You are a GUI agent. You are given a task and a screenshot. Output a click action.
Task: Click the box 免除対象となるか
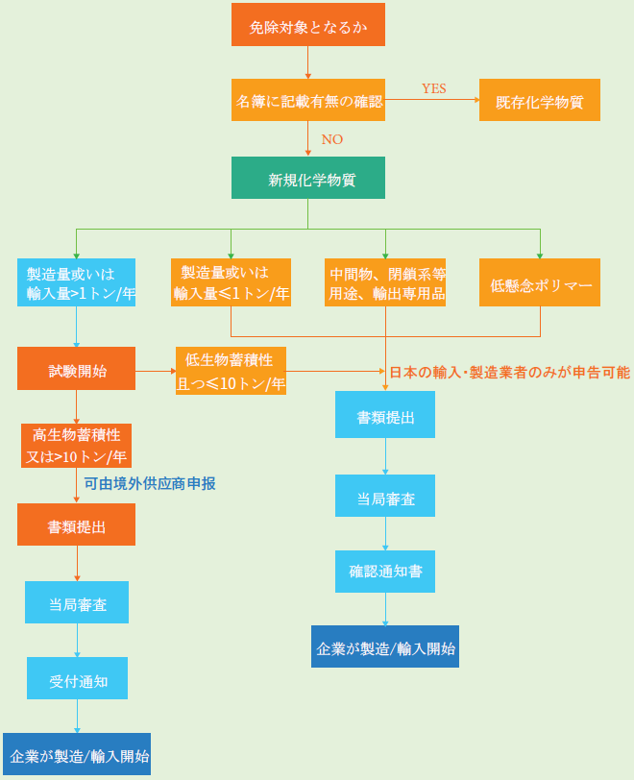(x=307, y=25)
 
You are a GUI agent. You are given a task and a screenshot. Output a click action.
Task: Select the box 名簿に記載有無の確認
(x=307, y=100)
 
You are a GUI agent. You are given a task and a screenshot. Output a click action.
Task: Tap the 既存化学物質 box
(x=539, y=100)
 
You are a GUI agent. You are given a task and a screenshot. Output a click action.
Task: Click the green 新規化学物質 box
(x=307, y=178)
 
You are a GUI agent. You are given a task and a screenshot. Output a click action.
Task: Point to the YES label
(x=433, y=88)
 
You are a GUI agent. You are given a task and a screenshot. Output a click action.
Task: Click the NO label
(x=331, y=139)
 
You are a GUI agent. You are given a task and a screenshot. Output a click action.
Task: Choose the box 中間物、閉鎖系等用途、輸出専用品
(x=386, y=282)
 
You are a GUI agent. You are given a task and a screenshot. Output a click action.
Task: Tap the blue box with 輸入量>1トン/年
(x=76, y=282)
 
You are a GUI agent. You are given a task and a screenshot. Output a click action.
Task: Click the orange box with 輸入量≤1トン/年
(x=231, y=282)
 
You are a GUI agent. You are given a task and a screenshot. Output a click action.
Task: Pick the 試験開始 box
(x=76, y=369)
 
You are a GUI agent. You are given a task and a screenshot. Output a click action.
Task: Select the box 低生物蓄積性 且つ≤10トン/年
(x=231, y=371)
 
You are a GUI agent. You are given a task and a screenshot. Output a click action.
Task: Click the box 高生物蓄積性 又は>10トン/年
(x=76, y=445)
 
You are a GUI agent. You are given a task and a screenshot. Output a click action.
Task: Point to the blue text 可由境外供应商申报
(x=149, y=483)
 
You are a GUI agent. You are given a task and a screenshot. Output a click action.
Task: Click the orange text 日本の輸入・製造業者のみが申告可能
(x=509, y=372)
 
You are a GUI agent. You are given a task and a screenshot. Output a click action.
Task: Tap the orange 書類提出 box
(x=76, y=524)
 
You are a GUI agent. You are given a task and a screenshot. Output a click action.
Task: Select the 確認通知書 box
(x=385, y=572)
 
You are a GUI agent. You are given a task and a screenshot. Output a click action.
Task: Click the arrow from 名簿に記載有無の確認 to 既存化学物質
(x=432, y=100)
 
